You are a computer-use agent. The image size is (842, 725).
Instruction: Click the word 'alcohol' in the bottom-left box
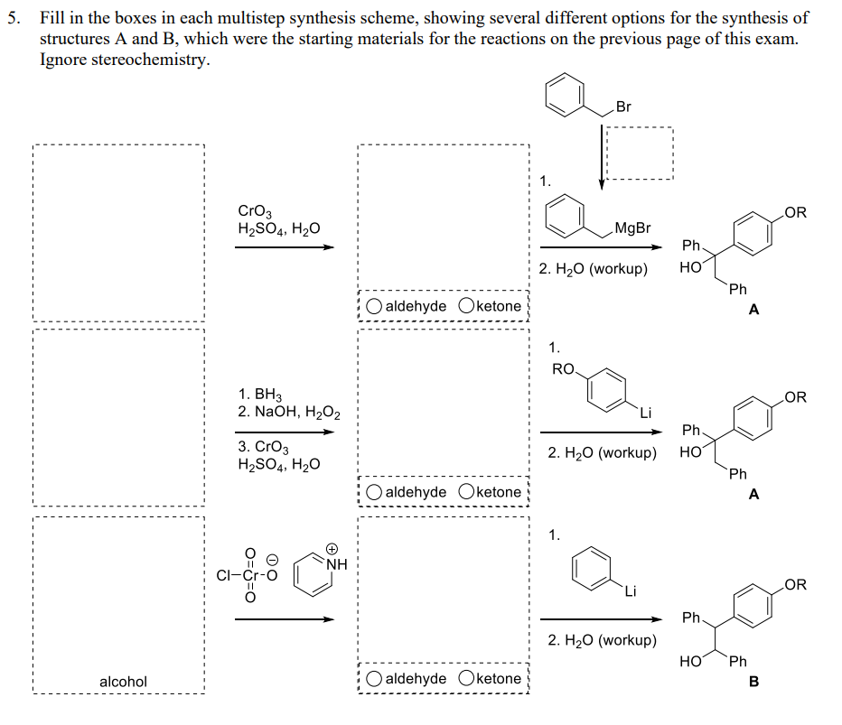click(x=123, y=682)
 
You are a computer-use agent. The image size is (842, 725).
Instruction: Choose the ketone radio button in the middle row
click(x=467, y=492)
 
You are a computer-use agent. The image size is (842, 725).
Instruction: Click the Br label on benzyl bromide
click(x=623, y=107)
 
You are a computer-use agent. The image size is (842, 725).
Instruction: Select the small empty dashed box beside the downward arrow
click(x=639, y=153)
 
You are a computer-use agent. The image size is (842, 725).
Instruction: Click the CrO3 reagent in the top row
click(x=251, y=211)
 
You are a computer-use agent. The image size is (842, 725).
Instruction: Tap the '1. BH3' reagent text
click(x=260, y=395)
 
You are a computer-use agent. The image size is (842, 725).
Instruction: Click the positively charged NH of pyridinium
click(x=336, y=566)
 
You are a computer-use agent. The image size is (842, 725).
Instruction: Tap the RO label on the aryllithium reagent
click(x=563, y=368)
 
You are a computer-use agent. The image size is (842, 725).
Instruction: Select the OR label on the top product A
click(x=796, y=213)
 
